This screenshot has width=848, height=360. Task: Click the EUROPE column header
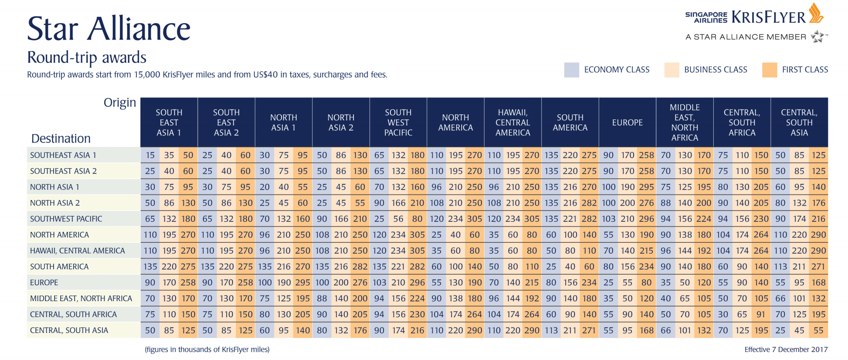tap(627, 122)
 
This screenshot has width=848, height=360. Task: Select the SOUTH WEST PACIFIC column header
tap(398, 122)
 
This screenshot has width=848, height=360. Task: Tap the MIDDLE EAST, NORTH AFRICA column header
tap(685, 122)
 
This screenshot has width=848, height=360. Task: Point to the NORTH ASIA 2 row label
tap(55, 203)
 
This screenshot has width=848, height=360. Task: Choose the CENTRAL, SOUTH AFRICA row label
tap(73, 315)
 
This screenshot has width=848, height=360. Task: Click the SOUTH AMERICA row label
tap(59, 267)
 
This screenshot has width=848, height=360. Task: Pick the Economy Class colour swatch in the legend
tap(571, 70)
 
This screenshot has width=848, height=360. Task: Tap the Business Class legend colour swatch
tap(672, 70)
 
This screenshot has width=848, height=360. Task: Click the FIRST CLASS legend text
tap(805, 70)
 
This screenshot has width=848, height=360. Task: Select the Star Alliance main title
tap(109, 29)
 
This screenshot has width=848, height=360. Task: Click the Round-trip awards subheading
tap(87, 58)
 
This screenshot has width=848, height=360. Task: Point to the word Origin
tap(120, 103)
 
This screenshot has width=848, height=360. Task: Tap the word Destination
tap(61, 139)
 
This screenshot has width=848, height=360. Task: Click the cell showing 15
tap(150, 155)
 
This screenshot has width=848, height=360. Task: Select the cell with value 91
tap(761, 315)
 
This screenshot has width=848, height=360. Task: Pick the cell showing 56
tap(398, 219)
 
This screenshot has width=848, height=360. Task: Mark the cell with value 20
tap(265, 187)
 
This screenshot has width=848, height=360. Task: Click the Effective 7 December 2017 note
tap(786, 350)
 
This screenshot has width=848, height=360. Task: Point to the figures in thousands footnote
tap(207, 350)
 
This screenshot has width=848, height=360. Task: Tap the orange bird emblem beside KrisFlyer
tap(816, 13)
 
